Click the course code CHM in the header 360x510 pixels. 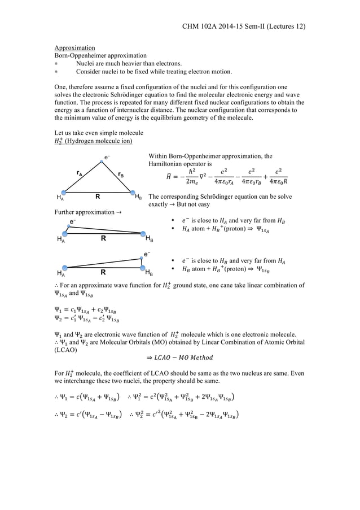192,26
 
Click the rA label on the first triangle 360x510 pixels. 81,175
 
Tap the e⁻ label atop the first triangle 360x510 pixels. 107,156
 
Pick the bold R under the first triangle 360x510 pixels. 98,198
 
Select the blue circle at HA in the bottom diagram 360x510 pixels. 65,267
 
